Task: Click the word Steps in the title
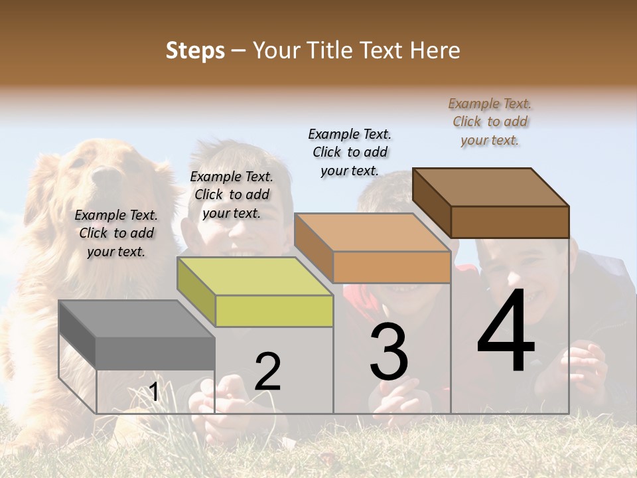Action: [x=195, y=50]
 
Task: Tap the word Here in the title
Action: [x=435, y=50]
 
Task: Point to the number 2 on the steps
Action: [x=267, y=372]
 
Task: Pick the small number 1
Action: [x=154, y=392]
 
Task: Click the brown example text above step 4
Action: [x=490, y=121]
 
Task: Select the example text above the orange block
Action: [x=350, y=152]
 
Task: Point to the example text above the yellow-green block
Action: [x=232, y=195]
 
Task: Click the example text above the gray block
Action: [x=116, y=233]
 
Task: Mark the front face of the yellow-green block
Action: [x=274, y=311]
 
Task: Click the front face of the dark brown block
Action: [x=510, y=222]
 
